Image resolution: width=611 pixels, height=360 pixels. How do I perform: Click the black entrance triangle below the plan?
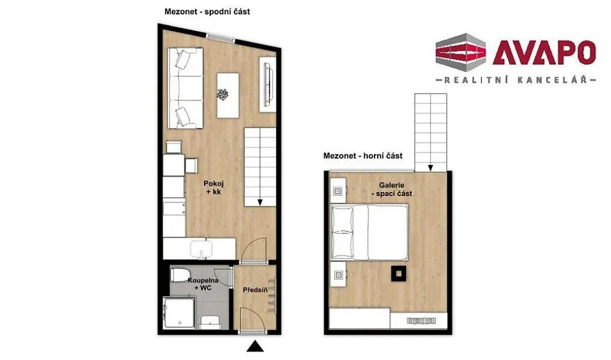coord(255,347)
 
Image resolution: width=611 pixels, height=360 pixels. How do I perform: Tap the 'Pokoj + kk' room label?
coord(214,188)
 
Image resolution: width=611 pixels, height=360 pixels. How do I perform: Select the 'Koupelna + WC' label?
coord(203,284)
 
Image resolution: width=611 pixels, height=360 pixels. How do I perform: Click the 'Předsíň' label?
coord(255,290)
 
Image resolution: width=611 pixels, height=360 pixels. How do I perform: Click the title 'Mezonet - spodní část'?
coord(207,12)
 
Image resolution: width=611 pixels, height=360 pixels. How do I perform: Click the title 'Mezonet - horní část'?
coord(363,156)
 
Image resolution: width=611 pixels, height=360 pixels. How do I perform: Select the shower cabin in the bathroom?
coord(179,312)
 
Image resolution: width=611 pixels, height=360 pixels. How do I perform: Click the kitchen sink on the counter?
coord(201,249)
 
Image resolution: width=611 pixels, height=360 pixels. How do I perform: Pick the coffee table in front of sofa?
coord(228,95)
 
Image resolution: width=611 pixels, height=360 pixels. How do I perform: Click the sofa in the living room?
coord(186,88)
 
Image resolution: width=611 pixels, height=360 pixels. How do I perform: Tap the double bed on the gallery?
coord(369,233)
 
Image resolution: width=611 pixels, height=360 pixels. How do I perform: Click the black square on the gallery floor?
coord(398,273)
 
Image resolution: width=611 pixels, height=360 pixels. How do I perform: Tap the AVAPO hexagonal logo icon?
coord(461,53)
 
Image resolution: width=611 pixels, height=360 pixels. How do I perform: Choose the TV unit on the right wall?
coord(268,84)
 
